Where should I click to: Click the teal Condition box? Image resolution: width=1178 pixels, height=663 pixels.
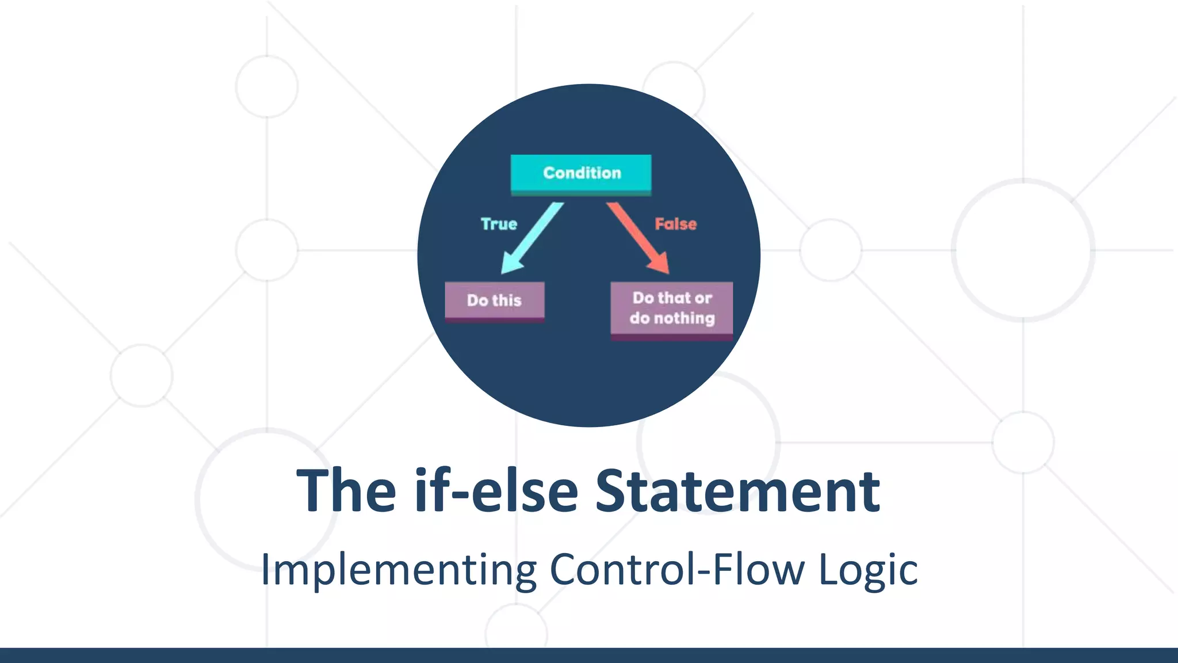581,173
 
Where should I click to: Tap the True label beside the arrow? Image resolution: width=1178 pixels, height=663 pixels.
499,224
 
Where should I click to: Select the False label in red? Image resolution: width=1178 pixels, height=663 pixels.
675,224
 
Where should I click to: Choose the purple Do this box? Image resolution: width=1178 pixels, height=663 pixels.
494,300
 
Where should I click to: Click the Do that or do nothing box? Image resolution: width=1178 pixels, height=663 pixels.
671,308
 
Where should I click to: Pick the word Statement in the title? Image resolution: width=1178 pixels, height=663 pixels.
737,491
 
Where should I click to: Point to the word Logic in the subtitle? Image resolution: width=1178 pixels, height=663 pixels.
868,570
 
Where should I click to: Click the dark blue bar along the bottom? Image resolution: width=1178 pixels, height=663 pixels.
589,656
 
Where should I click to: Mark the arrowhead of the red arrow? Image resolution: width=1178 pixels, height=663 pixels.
660,265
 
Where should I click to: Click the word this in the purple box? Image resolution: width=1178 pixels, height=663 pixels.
507,300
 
